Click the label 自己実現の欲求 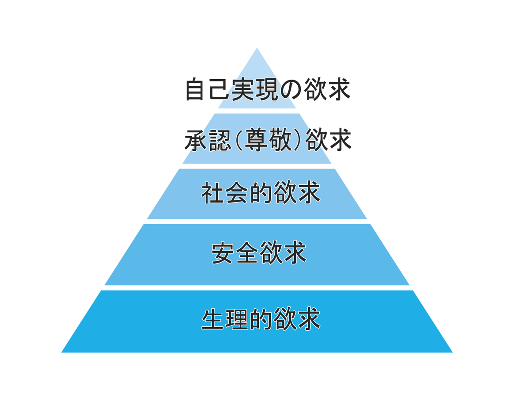[267, 89]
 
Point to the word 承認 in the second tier [208, 140]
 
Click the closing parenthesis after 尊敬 [298, 140]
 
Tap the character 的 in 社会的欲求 [261, 193]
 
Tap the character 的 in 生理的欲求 [261, 319]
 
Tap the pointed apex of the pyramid [257, 49]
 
